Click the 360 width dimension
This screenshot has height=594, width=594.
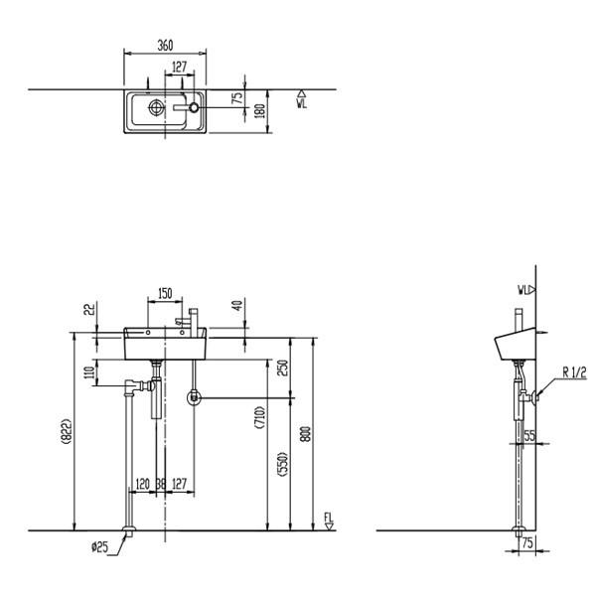tap(165, 46)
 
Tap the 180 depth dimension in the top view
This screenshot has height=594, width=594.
tap(261, 111)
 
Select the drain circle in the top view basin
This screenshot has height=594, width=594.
tap(156, 107)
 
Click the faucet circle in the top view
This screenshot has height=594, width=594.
tap(194, 107)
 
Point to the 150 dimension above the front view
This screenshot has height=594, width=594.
tap(165, 294)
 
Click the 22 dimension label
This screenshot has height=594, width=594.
tap(89, 310)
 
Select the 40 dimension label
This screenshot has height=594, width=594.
tap(238, 305)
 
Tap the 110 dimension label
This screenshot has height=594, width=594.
tap(89, 372)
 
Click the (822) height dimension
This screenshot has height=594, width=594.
tap(66, 431)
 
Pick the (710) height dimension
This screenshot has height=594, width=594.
tap(260, 417)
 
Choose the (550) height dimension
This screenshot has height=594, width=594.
tap(283, 464)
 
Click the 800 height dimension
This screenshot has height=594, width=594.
tap(305, 434)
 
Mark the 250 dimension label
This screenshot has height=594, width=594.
tap(283, 368)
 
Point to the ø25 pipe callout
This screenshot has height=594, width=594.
tap(99, 547)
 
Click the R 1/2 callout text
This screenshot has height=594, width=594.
tap(574, 373)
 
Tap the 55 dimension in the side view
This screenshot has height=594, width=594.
tap(529, 436)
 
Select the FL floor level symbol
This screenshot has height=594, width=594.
tap(329, 521)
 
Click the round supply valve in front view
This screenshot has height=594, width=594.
tap(194, 397)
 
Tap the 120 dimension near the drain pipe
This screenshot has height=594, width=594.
tap(142, 484)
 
